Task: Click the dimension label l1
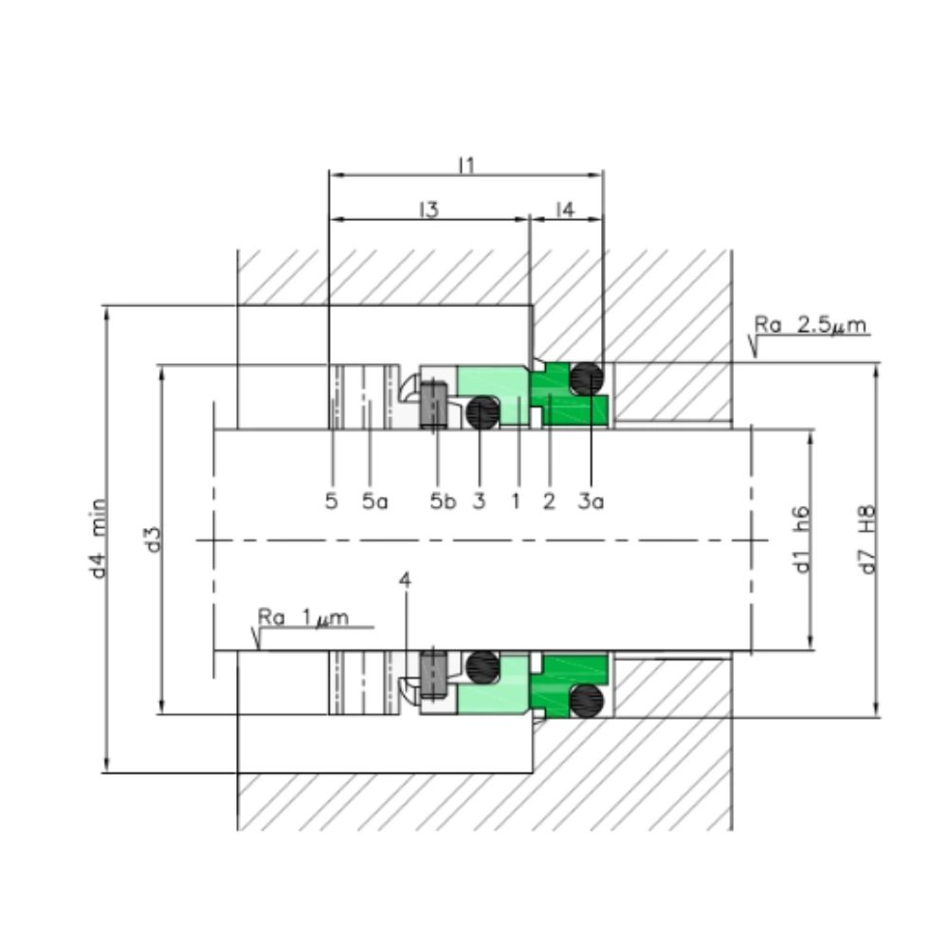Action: pos(465,165)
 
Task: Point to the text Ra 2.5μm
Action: pos(811,326)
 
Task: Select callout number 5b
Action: pos(443,501)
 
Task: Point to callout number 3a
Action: pos(591,501)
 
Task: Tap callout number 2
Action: pos(548,501)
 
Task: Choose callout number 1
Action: pos(516,501)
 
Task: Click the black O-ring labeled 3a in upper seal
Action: pos(588,379)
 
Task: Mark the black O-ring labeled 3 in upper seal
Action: pos(483,411)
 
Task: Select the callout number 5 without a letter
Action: pos(331,501)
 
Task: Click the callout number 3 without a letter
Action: pos(479,501)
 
